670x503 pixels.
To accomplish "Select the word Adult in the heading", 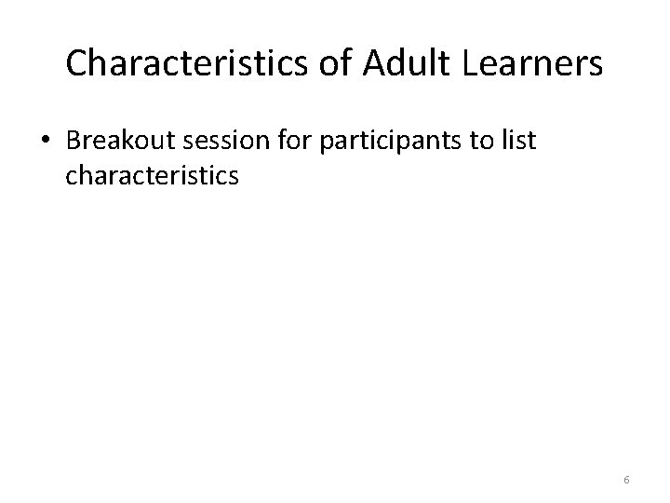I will coord(401,64).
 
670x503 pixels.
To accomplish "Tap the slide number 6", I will coord(627,480).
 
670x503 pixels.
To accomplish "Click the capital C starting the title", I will coord(76,64).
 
